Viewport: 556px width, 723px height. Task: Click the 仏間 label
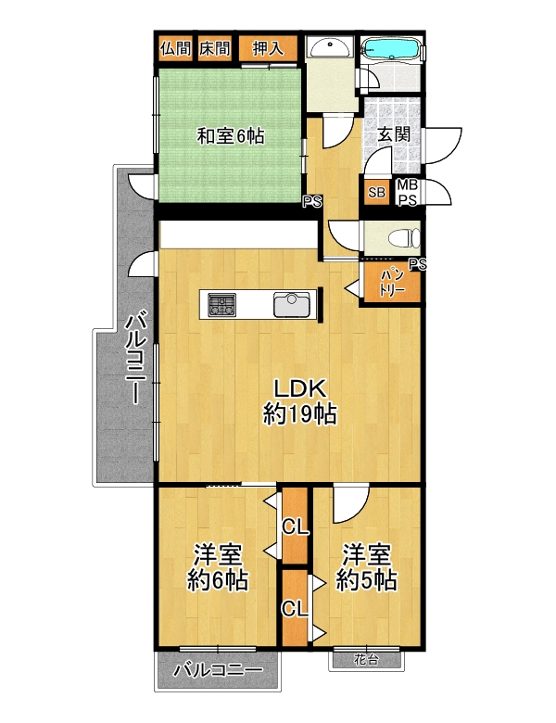176,48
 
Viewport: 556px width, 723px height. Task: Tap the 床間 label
215,48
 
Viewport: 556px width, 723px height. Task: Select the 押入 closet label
268,48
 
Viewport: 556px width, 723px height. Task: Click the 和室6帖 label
231,136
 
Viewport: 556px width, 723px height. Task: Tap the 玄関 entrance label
393,134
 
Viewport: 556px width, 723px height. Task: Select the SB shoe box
376,191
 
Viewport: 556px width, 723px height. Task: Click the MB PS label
408,193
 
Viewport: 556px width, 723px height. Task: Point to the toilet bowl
403,239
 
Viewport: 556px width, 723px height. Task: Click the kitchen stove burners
221,305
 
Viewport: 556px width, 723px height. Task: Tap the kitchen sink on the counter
292,304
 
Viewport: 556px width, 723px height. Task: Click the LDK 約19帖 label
300,402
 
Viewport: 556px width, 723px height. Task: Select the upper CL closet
295,526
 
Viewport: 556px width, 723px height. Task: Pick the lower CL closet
295,609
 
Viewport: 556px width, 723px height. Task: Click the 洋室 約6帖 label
218,567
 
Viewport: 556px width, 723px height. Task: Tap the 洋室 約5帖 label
367,567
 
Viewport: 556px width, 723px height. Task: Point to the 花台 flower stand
367,660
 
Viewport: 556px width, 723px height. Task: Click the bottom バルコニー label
218,670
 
